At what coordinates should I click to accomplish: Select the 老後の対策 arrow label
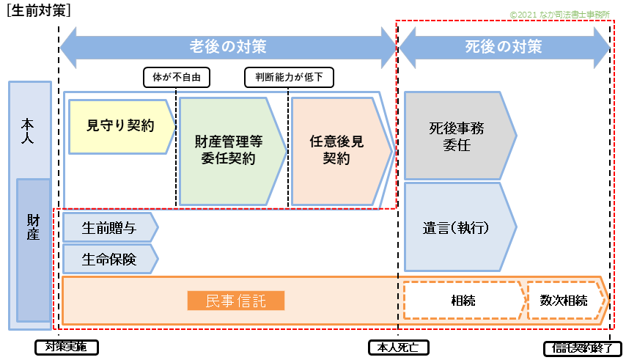pos(228,47)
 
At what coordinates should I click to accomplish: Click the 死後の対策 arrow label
pos(504,47)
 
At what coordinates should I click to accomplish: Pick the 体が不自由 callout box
pos(177,77)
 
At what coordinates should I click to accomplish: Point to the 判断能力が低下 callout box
pos(289,77)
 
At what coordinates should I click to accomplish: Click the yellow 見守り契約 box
pos(121,126)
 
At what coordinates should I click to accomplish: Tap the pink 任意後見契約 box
pos(336,150)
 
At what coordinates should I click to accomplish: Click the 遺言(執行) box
pos(456,227)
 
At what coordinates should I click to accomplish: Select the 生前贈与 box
pos(109,228)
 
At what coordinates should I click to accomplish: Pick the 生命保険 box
pos(109,259)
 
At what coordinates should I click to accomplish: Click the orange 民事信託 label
pos(235,301)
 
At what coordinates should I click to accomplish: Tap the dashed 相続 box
pos(463,301)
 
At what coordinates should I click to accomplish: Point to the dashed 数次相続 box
pos(564,301)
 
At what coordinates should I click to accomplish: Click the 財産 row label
pos(34,227)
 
